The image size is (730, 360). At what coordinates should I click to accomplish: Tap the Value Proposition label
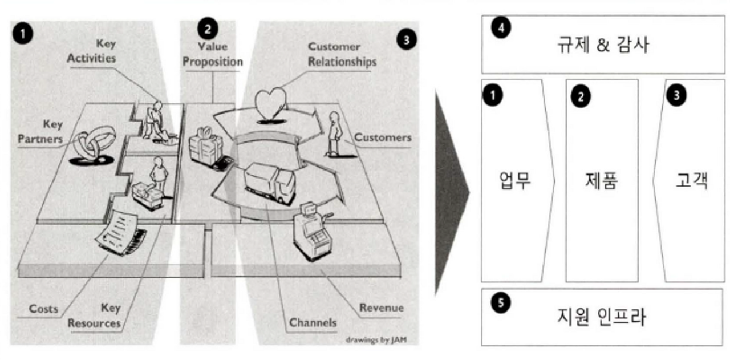[212, 54]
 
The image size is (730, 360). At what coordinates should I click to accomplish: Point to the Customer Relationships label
[342, 54]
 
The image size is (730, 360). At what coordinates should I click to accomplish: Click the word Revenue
[381, 308]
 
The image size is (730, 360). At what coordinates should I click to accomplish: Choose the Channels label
[313, 323]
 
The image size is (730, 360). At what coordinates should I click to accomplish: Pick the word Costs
[44, 309]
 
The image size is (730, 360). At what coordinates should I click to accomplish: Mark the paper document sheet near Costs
[120, 230]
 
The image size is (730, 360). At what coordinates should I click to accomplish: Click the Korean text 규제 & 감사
[603, 45]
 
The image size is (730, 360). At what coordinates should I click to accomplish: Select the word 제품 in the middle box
[602, 181]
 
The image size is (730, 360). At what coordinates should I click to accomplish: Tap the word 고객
[692, 181]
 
